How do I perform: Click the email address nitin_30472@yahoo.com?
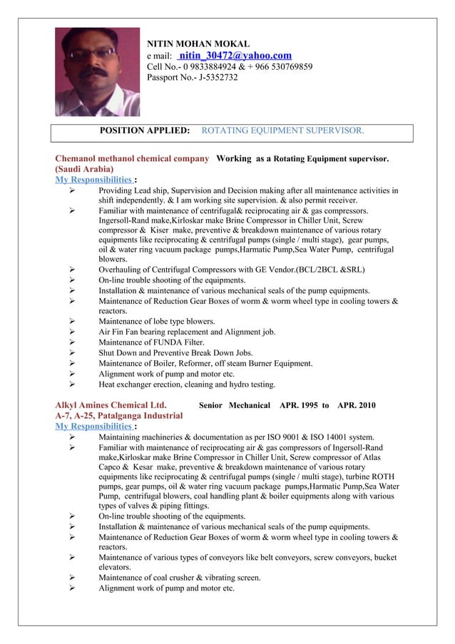(235, 56)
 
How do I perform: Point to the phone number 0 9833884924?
(215, 67)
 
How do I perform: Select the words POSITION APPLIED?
(144, 131)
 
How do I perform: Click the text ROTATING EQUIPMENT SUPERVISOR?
(283, 131)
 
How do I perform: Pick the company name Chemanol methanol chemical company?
(132, 158)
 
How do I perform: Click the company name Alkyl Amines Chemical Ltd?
(111, 406)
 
